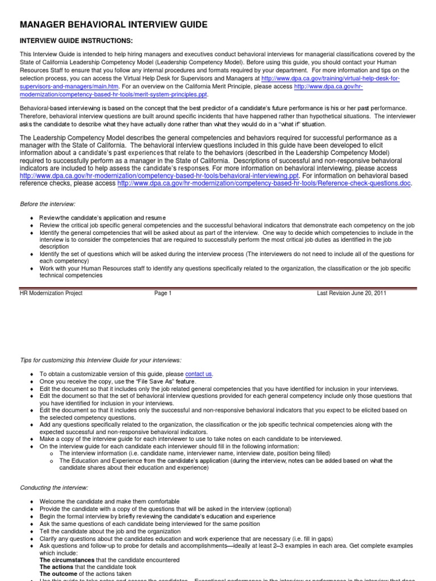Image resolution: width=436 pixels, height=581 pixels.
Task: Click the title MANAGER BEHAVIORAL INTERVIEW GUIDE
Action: [114, 24]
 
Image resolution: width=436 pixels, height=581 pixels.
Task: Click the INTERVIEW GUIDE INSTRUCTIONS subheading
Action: [77, 41]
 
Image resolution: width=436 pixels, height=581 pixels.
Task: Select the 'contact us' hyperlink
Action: [199, 374]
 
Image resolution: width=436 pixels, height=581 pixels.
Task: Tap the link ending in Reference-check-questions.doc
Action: [264, 183]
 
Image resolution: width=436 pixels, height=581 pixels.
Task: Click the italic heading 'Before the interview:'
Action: [48, 204]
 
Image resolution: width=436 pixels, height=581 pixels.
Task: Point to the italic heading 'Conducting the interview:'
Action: [54, 487]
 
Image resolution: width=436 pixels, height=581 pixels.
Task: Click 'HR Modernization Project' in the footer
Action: [51, 293]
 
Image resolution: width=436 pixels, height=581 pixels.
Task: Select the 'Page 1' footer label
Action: [162, 293]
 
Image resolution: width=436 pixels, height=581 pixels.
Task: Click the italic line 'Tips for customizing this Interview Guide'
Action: [101, 360]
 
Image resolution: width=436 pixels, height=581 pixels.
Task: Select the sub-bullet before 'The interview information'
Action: [51, 454]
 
